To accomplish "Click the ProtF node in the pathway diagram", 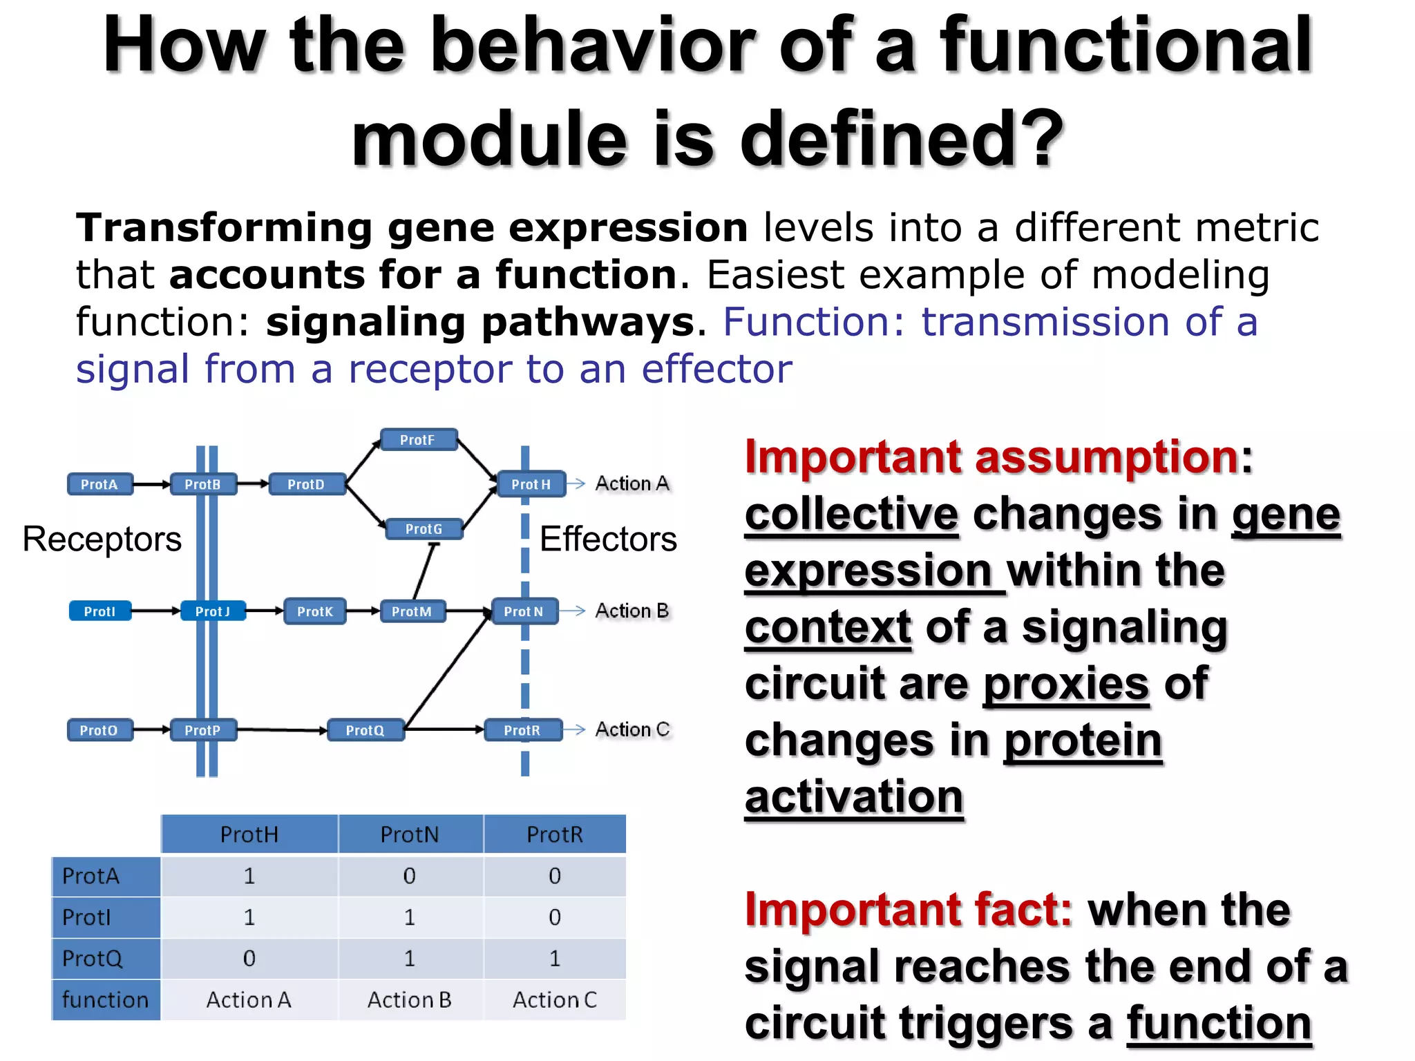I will [419, 440].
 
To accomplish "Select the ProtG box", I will [424, 529].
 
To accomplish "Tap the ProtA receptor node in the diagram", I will [99, 484].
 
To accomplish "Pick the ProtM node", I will [412, 611].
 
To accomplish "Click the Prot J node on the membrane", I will [213, 611].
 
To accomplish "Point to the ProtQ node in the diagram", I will [365, 730].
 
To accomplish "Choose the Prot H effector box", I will [531, 484].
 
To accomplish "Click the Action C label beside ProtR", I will [632, 729].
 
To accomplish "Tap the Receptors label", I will [102, 539].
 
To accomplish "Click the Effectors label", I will [608, 539].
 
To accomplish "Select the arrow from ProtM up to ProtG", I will [424, 571].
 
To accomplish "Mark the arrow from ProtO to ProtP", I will [151, 729].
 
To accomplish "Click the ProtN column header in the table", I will [410, 834].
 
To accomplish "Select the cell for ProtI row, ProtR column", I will [554, 917].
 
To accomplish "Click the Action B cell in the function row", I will [410, 1000].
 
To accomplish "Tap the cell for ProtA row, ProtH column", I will [249, 876].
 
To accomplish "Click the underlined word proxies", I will [1066, 684].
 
